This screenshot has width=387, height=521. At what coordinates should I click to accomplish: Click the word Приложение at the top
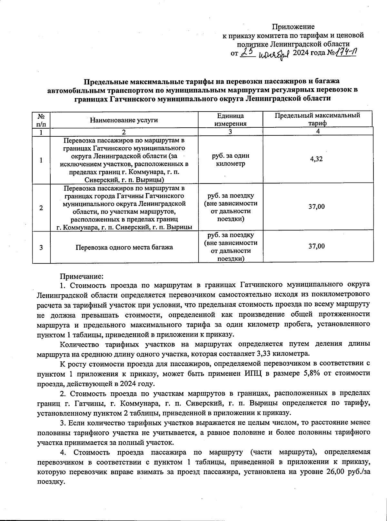click(x=293, y=27)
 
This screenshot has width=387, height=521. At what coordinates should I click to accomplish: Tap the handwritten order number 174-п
click(x=345, y=52)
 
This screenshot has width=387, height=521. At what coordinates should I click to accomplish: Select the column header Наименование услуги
click(x=124, y=120)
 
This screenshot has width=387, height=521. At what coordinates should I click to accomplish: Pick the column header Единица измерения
click(x=230, y=120)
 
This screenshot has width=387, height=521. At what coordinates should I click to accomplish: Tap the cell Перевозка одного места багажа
click(x=124, y=247)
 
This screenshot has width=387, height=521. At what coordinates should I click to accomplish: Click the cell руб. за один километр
click(x=230, y=160)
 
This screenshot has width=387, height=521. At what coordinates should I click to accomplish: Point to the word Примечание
click(x=81, y=276)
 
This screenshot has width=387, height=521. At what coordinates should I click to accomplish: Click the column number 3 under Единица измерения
click(x=230, y=132)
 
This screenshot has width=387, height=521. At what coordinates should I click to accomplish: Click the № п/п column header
click(x=41, y=120)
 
